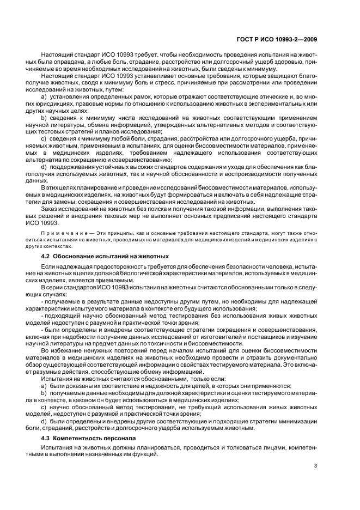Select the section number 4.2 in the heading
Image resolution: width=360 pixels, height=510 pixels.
pos(46,256)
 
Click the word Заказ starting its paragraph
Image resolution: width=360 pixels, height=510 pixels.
pos(50,207)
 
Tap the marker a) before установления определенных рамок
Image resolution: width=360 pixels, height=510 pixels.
pos(44,96)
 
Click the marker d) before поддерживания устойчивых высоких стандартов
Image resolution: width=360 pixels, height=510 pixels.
pos(44,166)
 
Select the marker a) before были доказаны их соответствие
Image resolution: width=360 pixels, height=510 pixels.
pos(44,385)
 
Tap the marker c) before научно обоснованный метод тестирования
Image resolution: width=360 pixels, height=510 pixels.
pos(44,406)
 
